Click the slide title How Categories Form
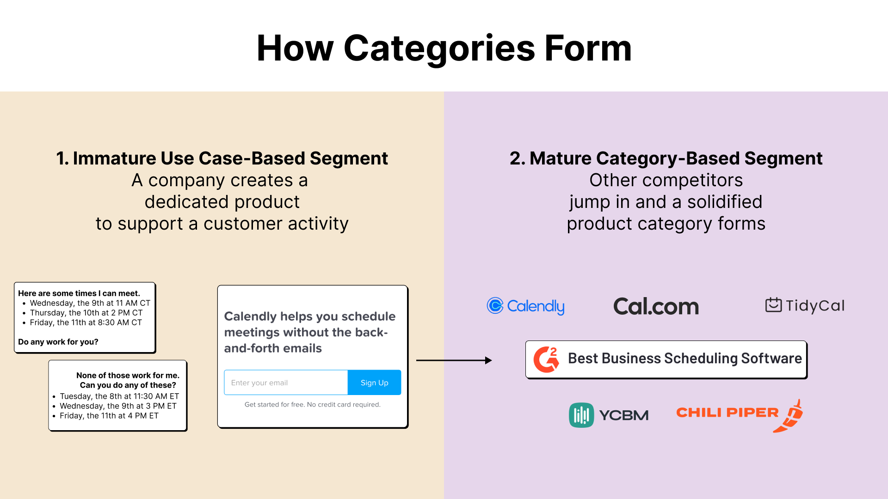pos(444,48)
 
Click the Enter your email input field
pos(286,383)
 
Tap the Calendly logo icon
pos(495,305)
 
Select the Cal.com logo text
pos(656,306)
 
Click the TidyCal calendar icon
pos(773,305)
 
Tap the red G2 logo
pos(546,359)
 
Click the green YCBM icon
pos(581,415)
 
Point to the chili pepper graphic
pos(790,416)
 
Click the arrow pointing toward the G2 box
pos(454,360)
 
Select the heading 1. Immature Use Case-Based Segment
pos(222,158)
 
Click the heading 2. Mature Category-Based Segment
pos(666,158)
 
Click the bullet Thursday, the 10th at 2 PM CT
pos(86,313)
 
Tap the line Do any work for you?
pos(58,342)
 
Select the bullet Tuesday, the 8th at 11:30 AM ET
pos(119,396)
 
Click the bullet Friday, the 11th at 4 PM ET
pos(109,416)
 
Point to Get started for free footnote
pos(312,404)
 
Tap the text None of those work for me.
pos(128,376)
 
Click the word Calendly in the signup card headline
pos(250,316)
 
